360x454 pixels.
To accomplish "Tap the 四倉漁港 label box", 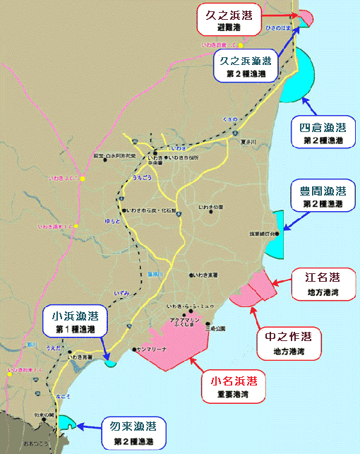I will [322, 133].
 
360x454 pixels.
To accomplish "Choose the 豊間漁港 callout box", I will [322, 196].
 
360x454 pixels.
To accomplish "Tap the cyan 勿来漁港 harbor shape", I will [66, 423].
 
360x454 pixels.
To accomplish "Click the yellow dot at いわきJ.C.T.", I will [82, 179].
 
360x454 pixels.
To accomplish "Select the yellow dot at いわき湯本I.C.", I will [78, 226].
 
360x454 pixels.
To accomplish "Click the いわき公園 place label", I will [211, 207].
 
